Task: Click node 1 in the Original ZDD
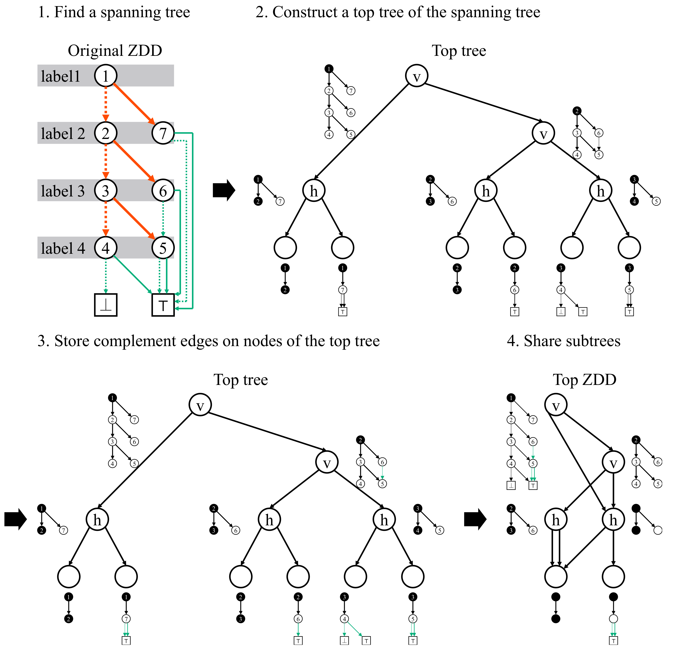(x=106, y=76)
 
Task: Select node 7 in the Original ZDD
(x=163, y=133)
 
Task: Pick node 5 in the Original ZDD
(x=163, y=248)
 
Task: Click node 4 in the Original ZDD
(x=106, y=248)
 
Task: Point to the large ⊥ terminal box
(x=106, y=305)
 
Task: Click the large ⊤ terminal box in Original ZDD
(x=163, y=305)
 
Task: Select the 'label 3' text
(x=63, y=191)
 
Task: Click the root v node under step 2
(x=417, y=76)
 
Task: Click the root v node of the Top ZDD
(x=556, y=405)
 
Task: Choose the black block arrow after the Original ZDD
(x=224, y=190)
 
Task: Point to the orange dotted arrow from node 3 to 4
(x=106, y=219)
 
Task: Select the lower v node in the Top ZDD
(x=613, y=462)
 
